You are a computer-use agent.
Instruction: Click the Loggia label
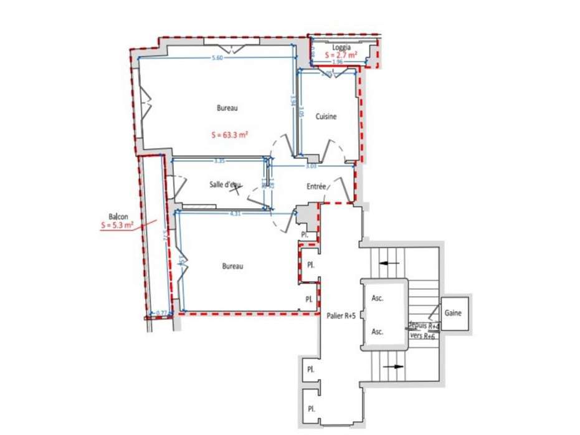(341, 47)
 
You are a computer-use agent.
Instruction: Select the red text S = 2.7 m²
(341, 55)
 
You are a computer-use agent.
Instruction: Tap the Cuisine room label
(326, 117)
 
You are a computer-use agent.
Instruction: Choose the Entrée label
(316, 186)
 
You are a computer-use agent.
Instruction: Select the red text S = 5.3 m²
(118, 226)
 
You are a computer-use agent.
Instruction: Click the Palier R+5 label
(341, 316)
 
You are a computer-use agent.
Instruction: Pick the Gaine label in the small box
(454, 313)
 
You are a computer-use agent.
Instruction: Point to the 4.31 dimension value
(235, 213)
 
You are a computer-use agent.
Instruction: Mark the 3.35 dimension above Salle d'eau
(219, 161)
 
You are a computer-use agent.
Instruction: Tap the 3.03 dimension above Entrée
(311, 166)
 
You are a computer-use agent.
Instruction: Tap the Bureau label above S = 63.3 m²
(227, 108)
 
